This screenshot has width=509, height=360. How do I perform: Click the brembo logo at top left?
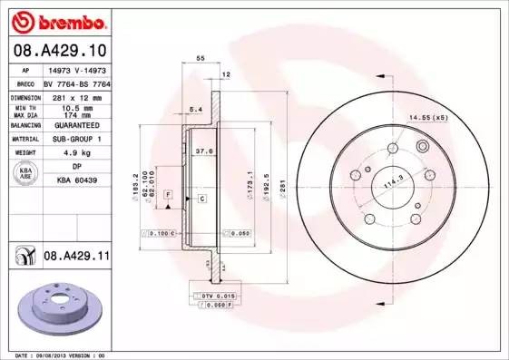point(56,20)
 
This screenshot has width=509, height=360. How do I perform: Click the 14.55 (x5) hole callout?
point(427,118)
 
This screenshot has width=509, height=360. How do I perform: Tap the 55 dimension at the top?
point(200,57)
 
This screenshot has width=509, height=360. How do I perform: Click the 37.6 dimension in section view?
point(205,151)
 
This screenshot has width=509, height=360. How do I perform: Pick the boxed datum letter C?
point(201,198)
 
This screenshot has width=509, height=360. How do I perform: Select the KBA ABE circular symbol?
point(26,174)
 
